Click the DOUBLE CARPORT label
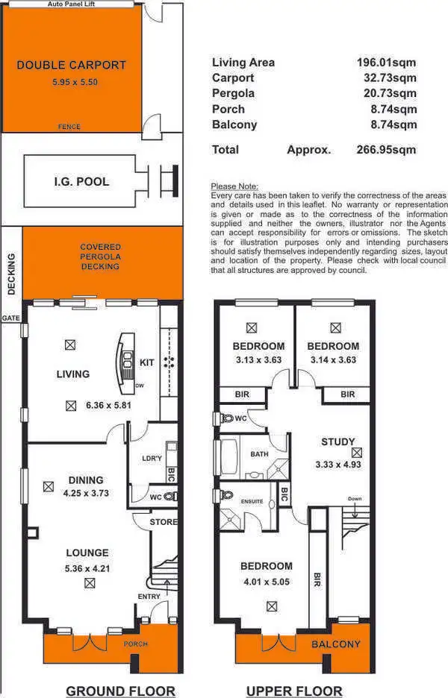click(71, 66)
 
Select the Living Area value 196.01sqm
click(386, 63)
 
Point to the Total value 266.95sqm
click(386, 150)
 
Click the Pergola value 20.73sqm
click(386, 93)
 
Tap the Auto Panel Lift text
click(72, 4)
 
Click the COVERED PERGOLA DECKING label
click(100, 257)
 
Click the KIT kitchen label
click(147, 362)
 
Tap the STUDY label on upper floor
click(337, 441)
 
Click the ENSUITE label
click(251, 501)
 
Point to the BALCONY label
click(336, 644)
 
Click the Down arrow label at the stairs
click(354, 499)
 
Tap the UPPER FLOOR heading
click(294, 691)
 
